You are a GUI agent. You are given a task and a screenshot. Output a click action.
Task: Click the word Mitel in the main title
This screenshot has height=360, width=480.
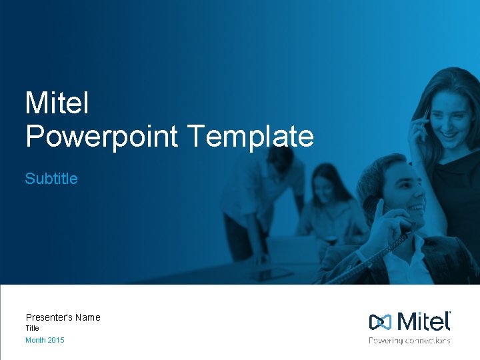point(57,103)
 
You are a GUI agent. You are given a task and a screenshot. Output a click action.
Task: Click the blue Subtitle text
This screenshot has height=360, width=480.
point(51,179)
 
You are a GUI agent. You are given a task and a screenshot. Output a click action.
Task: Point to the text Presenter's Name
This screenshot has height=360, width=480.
point(63,317)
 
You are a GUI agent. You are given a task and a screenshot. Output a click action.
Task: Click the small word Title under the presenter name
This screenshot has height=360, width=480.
point(32,328)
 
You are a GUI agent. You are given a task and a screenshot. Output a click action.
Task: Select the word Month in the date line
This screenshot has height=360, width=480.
point(35,340)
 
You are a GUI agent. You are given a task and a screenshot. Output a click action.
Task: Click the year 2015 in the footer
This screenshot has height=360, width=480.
point(56,340)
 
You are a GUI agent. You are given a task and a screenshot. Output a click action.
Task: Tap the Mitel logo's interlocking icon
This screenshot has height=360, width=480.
point(381,322)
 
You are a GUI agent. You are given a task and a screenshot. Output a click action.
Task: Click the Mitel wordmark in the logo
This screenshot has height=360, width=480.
point(423,321)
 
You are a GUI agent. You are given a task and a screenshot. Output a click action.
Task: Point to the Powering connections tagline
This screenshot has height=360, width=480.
point(409,340)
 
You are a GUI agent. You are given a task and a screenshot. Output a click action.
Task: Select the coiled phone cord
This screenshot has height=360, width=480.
point(380,257)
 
